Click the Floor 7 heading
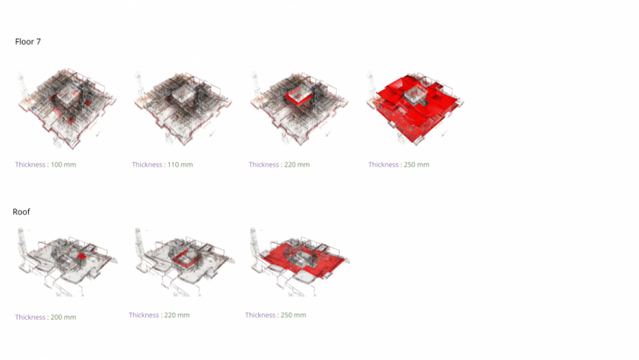click(28, 41)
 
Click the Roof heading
click(21, 212)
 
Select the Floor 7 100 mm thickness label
click(46, 165)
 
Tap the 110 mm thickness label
click(162, 165)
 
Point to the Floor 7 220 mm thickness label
click(279, 165)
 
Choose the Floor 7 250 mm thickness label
click(398, 165)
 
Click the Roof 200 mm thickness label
click(46, 317)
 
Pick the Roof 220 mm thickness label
click(159, 315)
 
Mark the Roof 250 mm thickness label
click(276, 315)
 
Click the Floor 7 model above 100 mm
click(67, 108)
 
